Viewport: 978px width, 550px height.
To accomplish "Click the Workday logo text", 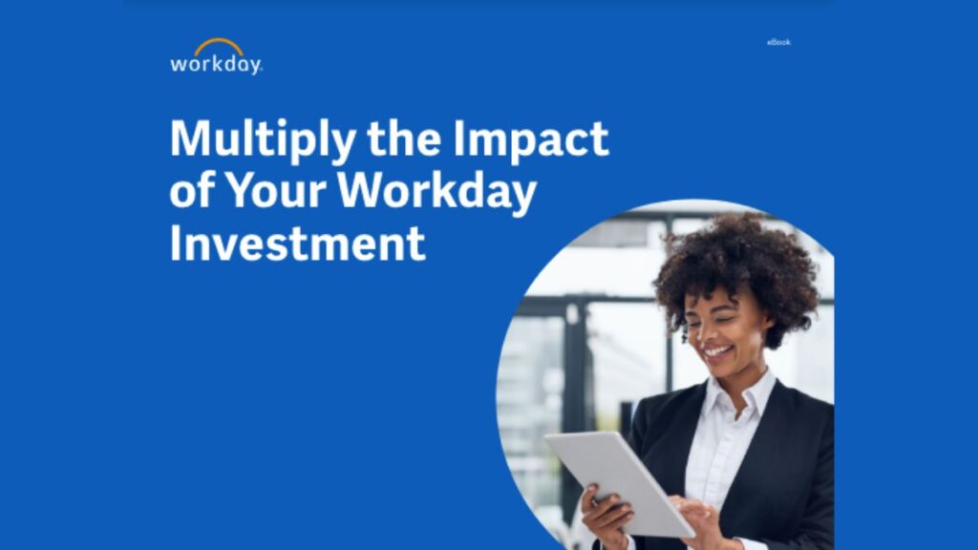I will click(215, 64).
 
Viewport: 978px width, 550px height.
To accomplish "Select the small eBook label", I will click(778, 42).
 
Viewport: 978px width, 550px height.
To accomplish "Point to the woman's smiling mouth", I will click(719, 352).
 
